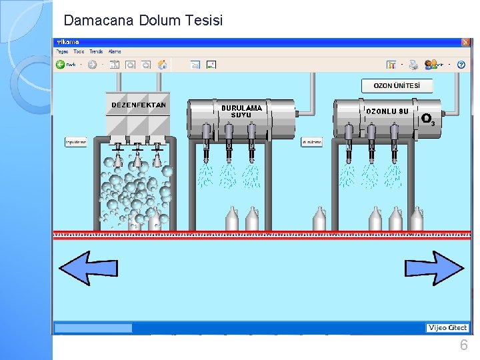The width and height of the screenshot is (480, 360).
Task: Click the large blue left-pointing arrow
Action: [88, 268]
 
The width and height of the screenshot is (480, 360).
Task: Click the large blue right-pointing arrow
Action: [434, 268]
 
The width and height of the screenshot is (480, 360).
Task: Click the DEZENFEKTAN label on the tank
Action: [139, 105]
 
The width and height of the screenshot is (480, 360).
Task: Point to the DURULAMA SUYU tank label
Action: [241, 111]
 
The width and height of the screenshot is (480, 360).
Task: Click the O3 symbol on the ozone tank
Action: [428, 119]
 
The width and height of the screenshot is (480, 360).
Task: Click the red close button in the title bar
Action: [465, 42]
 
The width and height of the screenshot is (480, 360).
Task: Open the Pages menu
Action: [62, 51]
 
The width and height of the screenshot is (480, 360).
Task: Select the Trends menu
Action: [96, 51]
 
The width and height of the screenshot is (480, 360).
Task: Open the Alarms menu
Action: [115, 51]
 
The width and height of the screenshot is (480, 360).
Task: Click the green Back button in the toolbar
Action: [65, 65]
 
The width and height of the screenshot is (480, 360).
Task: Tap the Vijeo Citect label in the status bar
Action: [447, 327]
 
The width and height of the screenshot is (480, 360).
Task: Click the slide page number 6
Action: [463, 345]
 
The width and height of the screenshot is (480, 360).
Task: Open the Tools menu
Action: [79, 51]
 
